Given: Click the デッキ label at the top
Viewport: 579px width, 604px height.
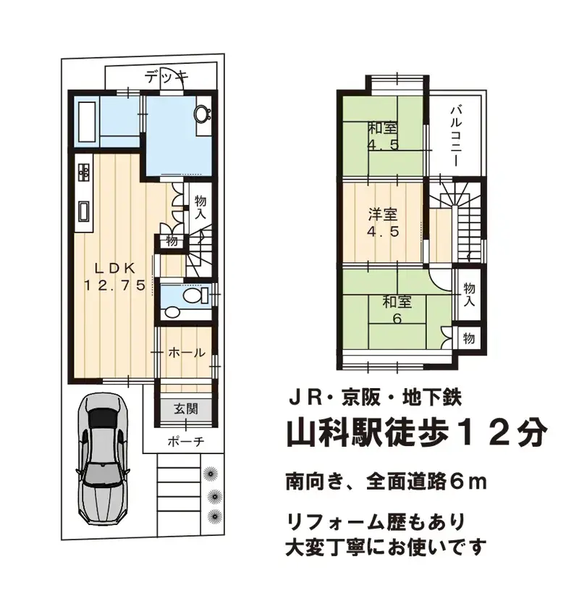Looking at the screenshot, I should point(166,75).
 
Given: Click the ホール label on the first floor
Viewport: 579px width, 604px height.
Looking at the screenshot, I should point(186,353).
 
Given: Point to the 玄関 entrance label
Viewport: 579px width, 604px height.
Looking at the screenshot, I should point(186,409).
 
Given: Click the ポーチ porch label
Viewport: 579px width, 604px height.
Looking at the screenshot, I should point(187,440).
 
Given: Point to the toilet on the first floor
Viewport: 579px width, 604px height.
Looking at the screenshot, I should point(193,297).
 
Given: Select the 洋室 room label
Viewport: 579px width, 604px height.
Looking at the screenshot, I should point(381,215).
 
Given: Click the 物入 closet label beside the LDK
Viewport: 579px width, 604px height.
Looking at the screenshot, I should point(200,208).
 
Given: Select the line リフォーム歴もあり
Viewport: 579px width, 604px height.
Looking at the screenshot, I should point(371,520).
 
